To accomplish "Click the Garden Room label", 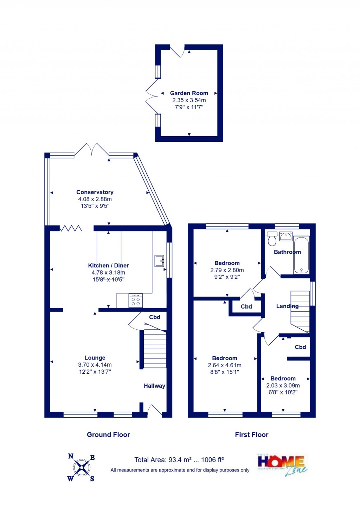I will (189, 93).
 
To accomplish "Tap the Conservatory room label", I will (95, 192).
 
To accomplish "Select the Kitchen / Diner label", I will (108, 266).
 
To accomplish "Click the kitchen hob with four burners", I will (136, 301).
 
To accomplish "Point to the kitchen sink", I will (159, 261).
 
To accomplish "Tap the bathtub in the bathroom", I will (301, 255).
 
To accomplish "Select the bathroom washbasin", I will (285, 236).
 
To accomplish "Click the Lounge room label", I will (95, 358).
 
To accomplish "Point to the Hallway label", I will (154, 386).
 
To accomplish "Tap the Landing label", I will (287, 306).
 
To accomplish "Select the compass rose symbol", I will (82, 468).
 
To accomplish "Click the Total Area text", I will (179, 460).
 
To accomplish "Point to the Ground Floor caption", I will (108, 435).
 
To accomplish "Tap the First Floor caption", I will (251, 435).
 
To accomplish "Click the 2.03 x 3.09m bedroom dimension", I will (283, 386).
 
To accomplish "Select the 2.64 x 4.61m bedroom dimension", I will (225, 365).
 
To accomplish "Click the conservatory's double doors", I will (92, 150).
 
